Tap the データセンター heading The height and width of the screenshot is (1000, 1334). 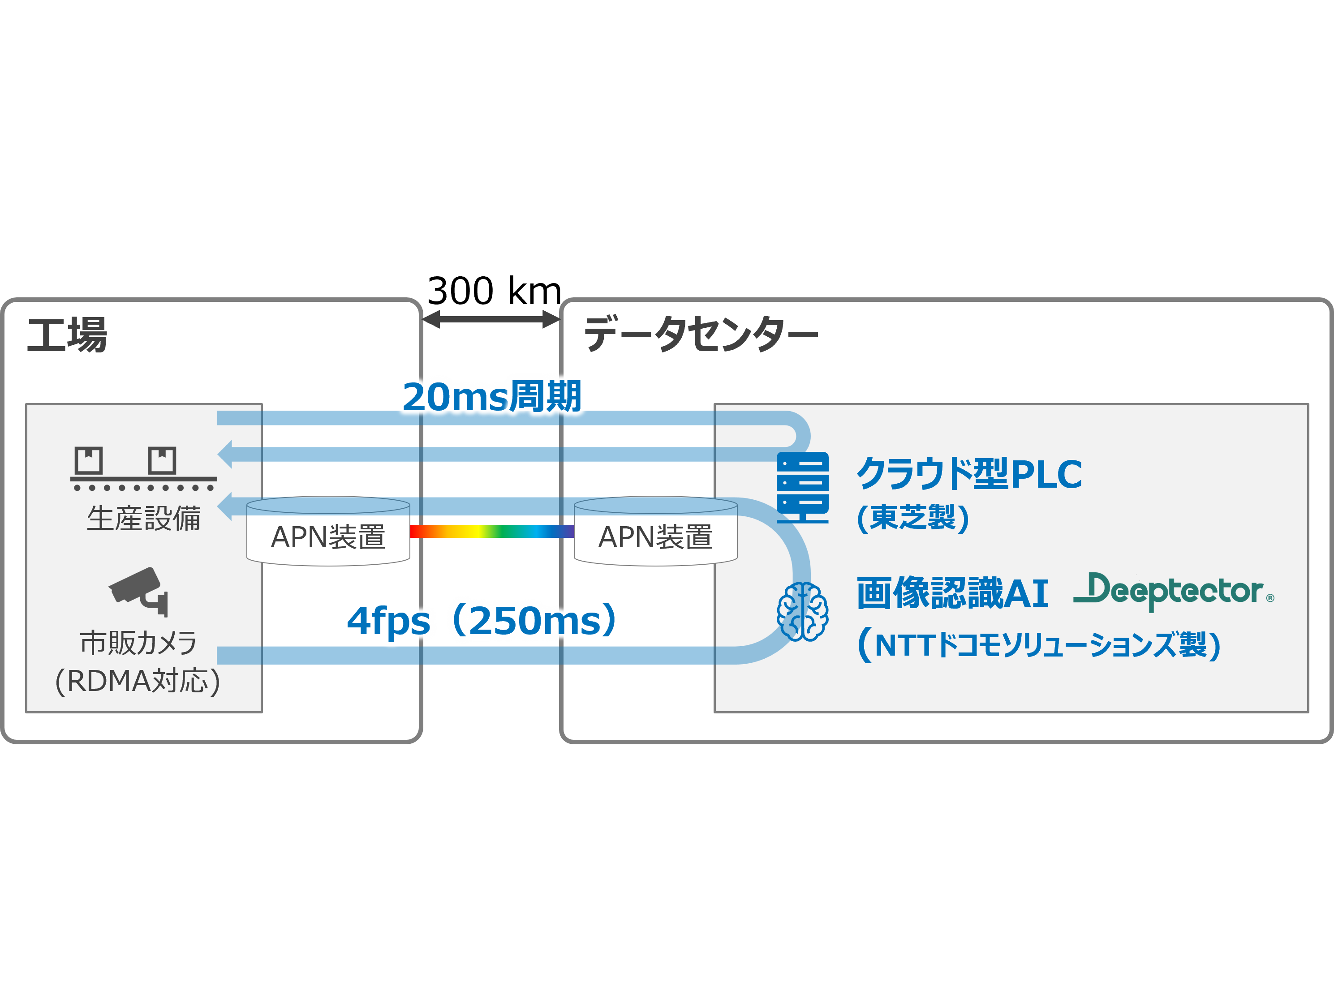(700, 333)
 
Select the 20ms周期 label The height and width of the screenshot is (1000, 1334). (491, 397)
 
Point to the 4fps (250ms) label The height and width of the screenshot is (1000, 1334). (481, 620)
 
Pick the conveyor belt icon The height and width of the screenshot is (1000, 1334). (143, 469)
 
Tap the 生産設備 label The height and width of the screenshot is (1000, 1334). (143, 519)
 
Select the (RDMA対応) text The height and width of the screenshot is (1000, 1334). (138, 681)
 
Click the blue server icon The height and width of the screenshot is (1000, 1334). (802, 487)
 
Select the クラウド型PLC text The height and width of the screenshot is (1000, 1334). (969, 474)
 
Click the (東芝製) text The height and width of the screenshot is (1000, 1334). (912, 517)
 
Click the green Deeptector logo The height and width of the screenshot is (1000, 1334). (1173, 591)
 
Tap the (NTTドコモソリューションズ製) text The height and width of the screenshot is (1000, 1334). (1038, 644)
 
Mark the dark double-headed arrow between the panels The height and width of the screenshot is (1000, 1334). (491, 319)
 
